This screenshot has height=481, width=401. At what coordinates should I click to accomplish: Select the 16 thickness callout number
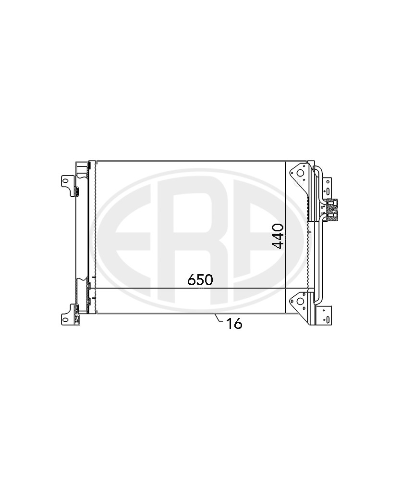tap(234, 324)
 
